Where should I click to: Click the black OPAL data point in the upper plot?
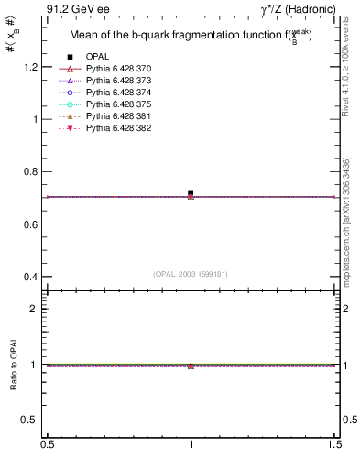pyautogui.click(x=191, y=193)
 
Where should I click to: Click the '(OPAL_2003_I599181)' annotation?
pyautogui.click(x=191, y=273)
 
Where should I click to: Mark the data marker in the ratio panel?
pyautogui.click(x=191, y=365)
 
